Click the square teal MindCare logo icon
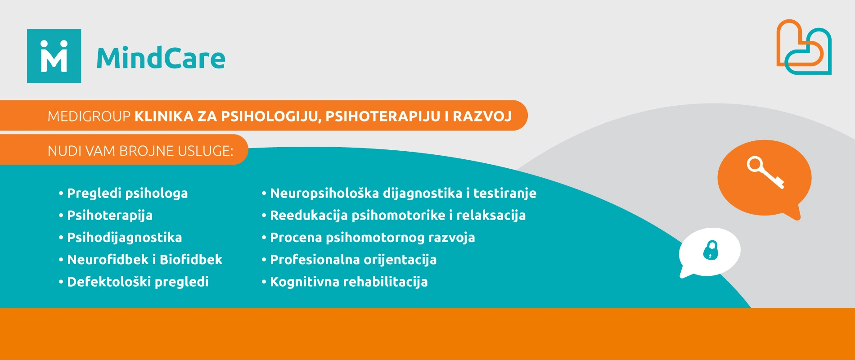point(54,56)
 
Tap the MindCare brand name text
point(161,58)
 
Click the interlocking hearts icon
point(804,47)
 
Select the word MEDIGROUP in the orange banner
point(89,117)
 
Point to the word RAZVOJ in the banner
point(482,117)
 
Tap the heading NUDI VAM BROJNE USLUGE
point(140,151)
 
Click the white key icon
point(765,172)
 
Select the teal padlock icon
point(711,250)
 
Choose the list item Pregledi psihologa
point(127,193)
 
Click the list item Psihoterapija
point(110,216)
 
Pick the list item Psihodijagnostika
point(125,238)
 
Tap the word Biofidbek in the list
point(191,260)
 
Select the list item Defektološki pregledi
point(138,282)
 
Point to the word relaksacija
point(491,216)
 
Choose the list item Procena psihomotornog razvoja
point(373,238)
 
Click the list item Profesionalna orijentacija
point(353,260)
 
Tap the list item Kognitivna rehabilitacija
point(349,282)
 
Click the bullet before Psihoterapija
point(61,216)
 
